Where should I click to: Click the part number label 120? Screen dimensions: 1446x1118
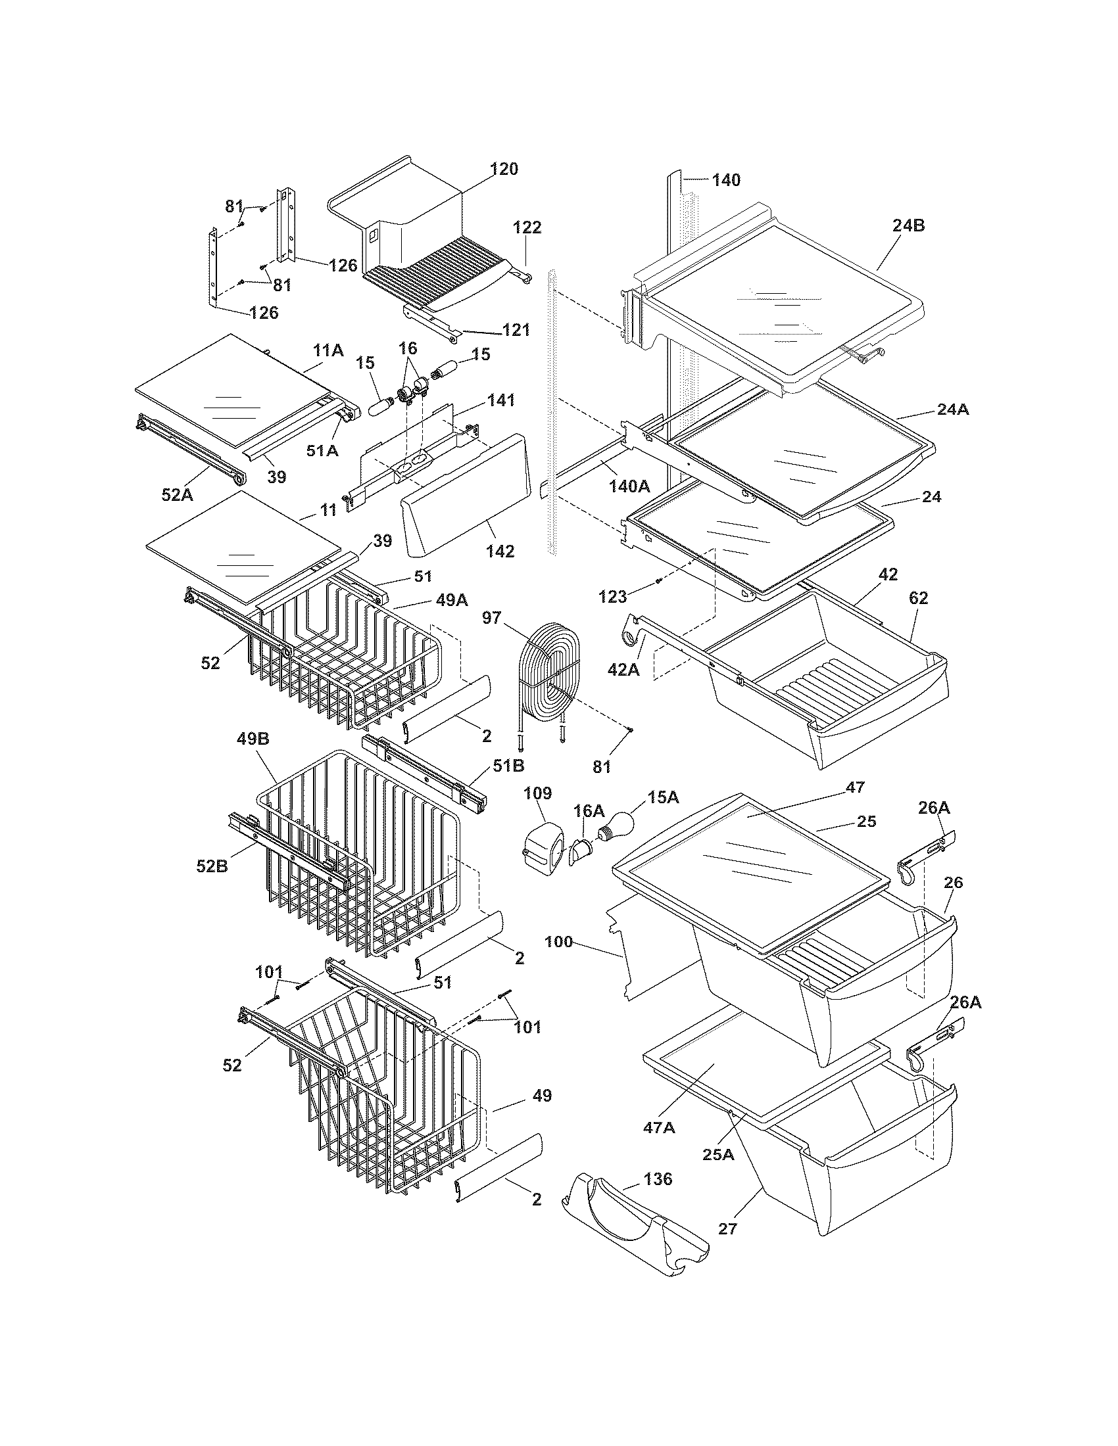504,169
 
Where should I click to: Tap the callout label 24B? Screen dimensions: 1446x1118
908,225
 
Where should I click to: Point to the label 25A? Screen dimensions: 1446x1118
718,1155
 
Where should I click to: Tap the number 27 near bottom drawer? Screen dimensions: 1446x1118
727,1229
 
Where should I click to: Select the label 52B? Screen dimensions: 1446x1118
212,865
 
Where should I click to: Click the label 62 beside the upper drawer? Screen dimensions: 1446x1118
919,598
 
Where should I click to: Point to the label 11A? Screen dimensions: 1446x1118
329,350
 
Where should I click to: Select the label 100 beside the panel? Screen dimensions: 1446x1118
558,941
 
